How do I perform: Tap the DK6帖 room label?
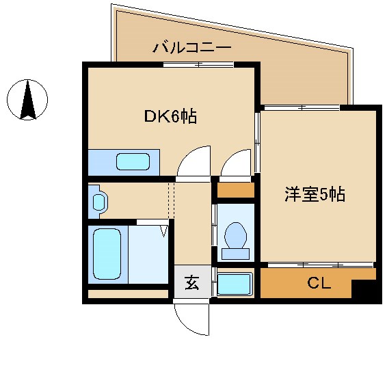(x=170, y=117)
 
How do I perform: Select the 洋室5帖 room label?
(x=315, y=195)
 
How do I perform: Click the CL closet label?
(x=318, y=283)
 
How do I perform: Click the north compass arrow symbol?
(x=28, y=100)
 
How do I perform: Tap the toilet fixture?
(x=236, y=238)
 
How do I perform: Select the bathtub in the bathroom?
(x=106, y=254)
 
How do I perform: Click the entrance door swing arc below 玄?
(x=191, y=319)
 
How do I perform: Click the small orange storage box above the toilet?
(x=235, y=190)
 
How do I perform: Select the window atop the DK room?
(x=198, y=65)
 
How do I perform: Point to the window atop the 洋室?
(x=302, y=107)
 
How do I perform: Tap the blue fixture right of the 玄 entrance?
(x=235, y=284)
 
